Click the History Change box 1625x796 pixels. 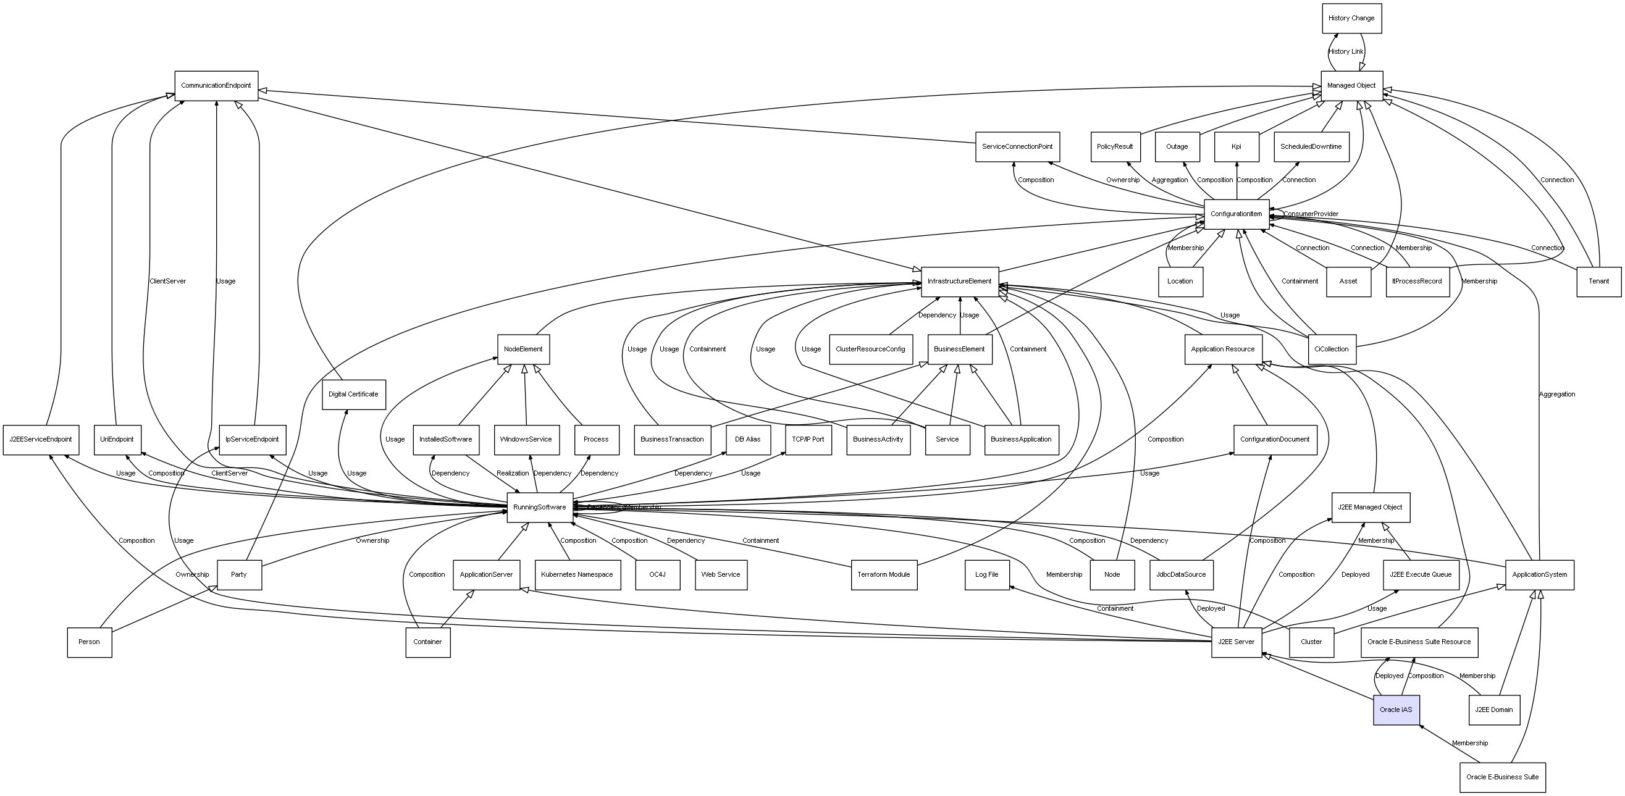[x=1351, y=19]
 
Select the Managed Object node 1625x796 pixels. [x=1351, y=86]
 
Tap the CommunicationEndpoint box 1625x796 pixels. [x=216, y=86]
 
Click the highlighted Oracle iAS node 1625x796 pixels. [x=1396, y=710]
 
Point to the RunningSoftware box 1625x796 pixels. [x=539, y=507]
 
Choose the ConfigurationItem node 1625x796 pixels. [x=1236, y=214]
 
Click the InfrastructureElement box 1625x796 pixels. [x=959, y=282]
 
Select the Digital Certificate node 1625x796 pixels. [x=353, y=394]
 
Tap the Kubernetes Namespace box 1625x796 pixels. [x=577, y=574]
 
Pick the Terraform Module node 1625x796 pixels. [x=883, y=574]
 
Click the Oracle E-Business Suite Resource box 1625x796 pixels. [x=1419, y=642]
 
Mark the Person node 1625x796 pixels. [x=89, y=642]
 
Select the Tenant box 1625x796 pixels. [x=1598, y=282]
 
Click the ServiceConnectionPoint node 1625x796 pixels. [x=1017, y=147]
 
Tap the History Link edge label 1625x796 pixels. [x=1346, y=52]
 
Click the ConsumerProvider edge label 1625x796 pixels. [x=1310, y=214]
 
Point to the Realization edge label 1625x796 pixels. [x=512, y=473]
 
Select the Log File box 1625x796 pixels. [x=986, y=574]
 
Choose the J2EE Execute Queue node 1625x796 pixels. [x=1421, y=574]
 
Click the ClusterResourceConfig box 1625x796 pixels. [x=870, y=350]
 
